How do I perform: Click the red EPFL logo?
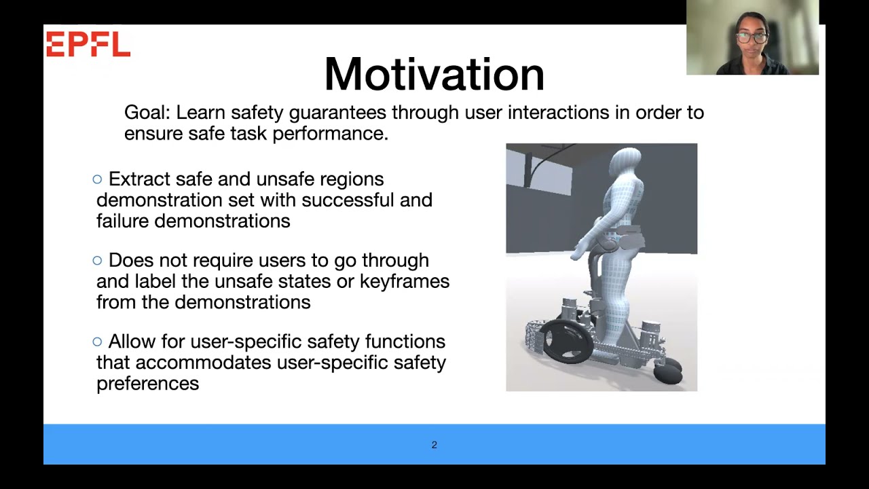coord(88,44)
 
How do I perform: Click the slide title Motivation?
coord(434,74)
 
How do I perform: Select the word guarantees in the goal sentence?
coord(337,113)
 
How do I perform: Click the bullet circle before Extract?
coord(97,179)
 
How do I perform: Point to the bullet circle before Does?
coord(97,260)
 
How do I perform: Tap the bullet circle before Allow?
coord(97,342)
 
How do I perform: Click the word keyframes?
coord(405,281)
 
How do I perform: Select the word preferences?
coord(148,384)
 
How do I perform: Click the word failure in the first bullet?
coord(123,221)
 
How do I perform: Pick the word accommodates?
coord(203,363)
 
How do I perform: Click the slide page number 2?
coord(434,445)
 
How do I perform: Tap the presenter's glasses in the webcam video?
coord(752,38)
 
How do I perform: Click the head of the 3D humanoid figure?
coord(625,162)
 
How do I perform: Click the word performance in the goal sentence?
coord(331,134)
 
